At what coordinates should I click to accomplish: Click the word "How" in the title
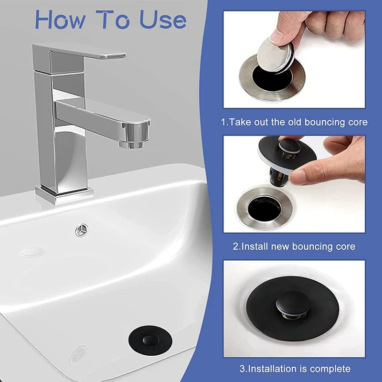pyautogui.click(x=60, y=20)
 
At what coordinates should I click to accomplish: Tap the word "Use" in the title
pyautogui.click(x=163, y=20)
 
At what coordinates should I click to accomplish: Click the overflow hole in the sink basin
pyautogui.click(x=82, y=230)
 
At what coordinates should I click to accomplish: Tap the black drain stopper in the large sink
pyautogui.click(x=150, y=340)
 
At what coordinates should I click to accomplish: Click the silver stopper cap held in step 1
pyautogui.click(x=276, y=56)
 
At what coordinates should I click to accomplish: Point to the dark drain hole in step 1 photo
pyautogui.click(x=270, y=77)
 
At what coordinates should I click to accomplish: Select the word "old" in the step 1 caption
pyautogui.click(x=295, y=122)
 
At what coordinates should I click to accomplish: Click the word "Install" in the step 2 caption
pyautogui.click(x=255, y=246)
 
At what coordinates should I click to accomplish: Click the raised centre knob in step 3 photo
pyautogui.click(x=293, y=304)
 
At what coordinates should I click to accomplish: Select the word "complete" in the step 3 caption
pyautogui.click(x=330, y=369)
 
